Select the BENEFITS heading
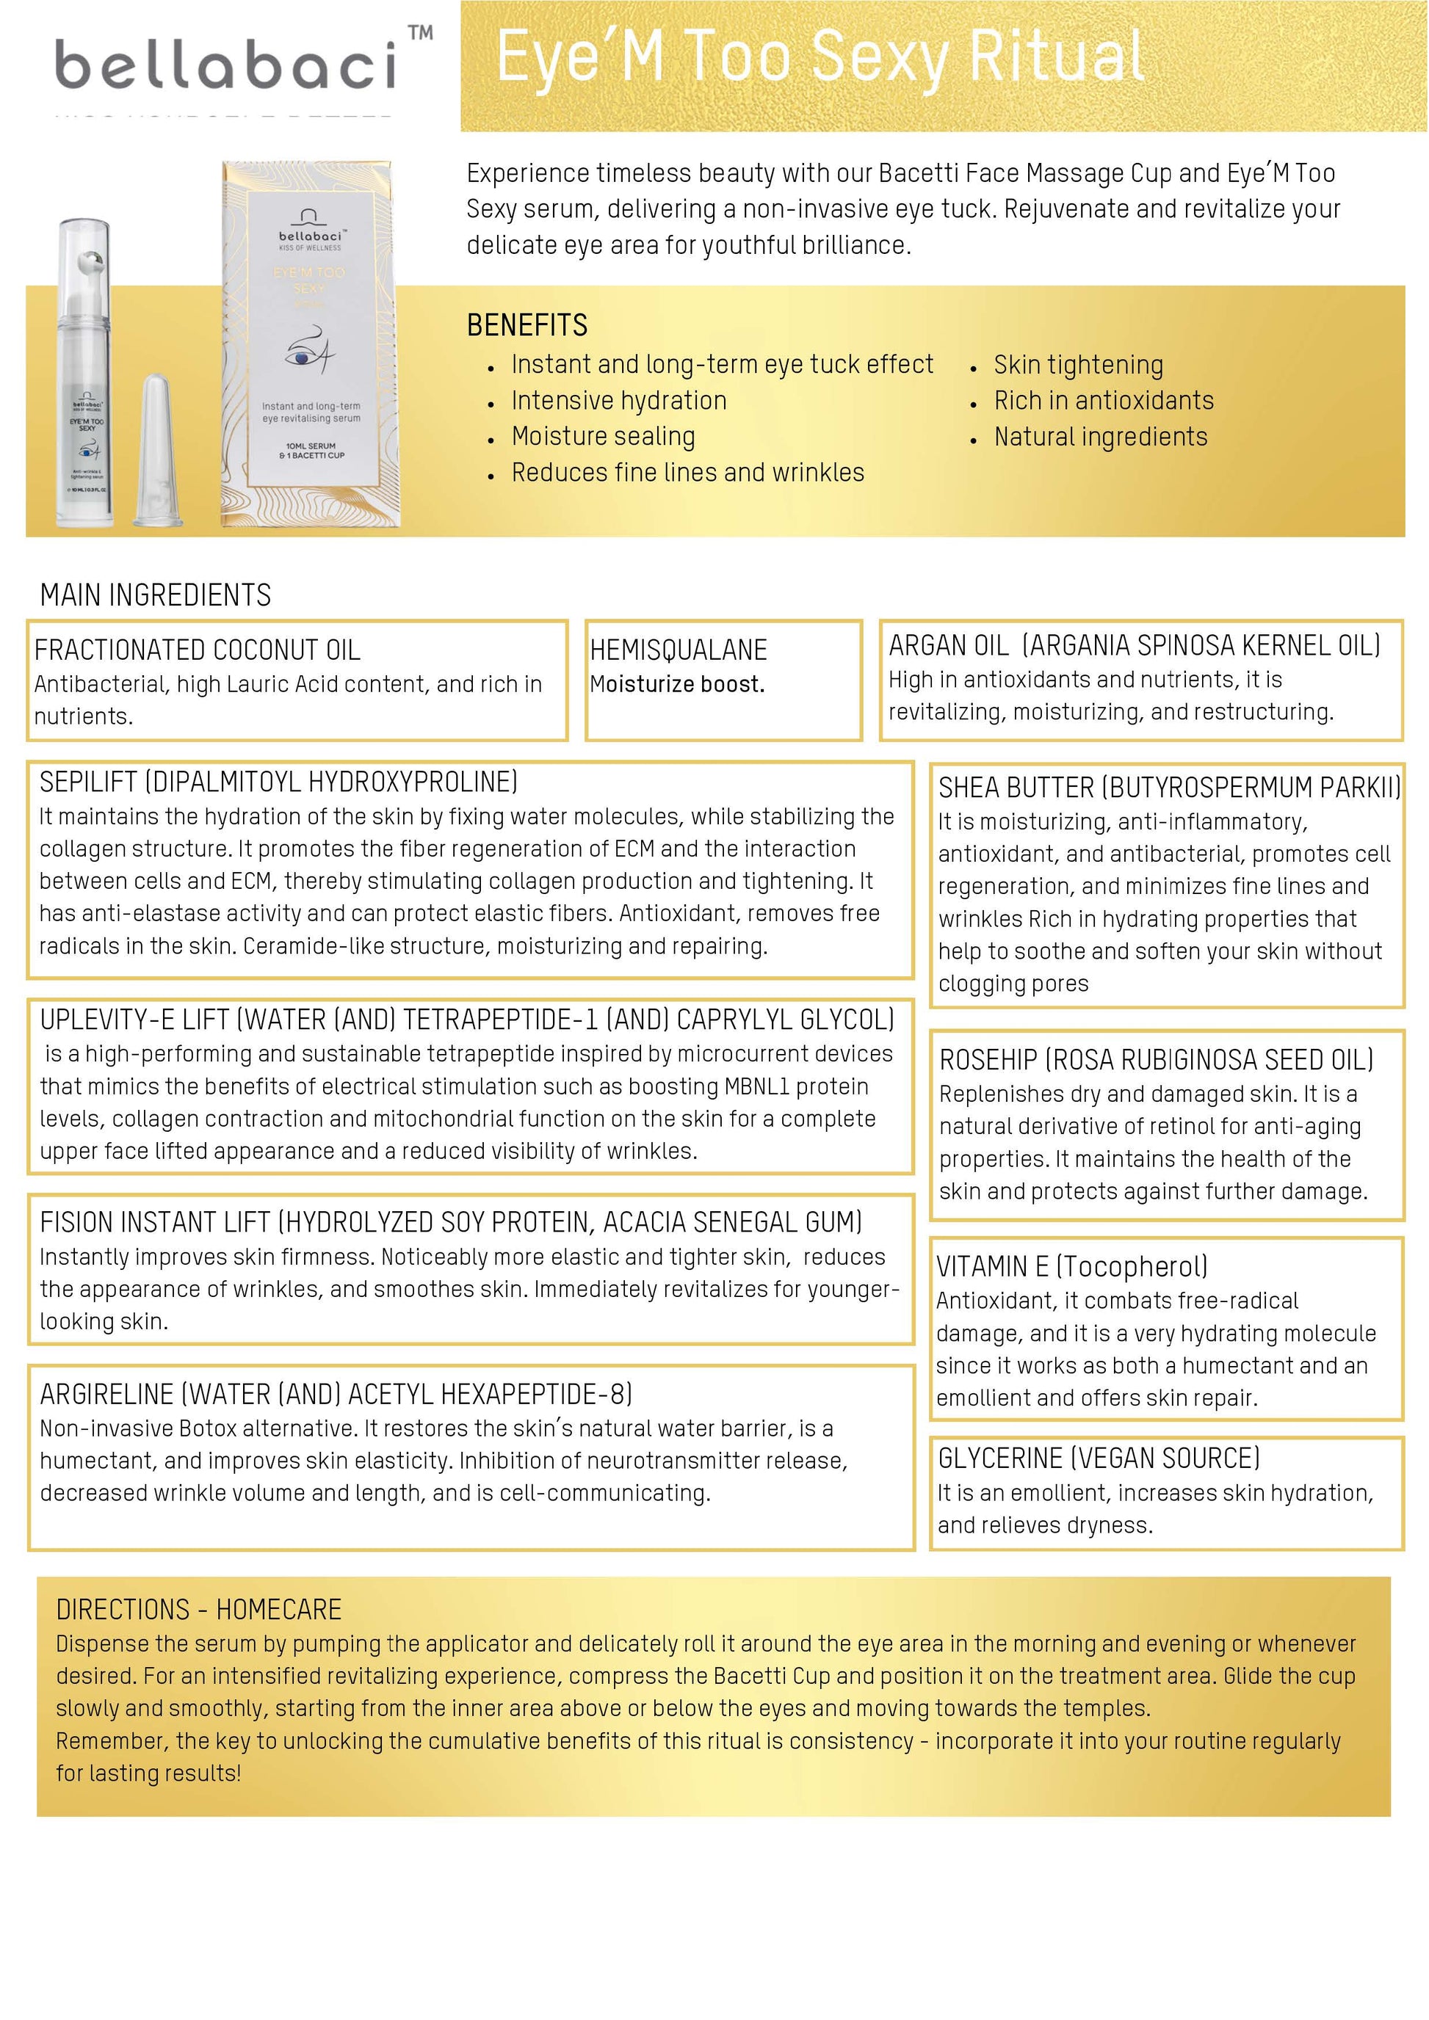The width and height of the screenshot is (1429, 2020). tap(527, 325)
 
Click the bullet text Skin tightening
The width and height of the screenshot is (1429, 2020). tap(1078, 364)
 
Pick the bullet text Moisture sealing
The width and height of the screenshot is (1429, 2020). tap(603, 437)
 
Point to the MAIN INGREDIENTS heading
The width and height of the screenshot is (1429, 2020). tap(155, 595)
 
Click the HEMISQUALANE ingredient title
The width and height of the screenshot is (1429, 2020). tap(678, 650)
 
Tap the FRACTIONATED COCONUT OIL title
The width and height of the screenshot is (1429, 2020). tap(197, 650)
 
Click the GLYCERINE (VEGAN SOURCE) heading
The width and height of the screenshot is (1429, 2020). tap(1098, 1458)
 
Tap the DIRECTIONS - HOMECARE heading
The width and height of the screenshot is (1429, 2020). tap(198, 1609)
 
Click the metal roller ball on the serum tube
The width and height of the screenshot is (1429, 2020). tap(90, 262)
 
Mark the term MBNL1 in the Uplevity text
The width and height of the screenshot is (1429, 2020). tap(757, 1086)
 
